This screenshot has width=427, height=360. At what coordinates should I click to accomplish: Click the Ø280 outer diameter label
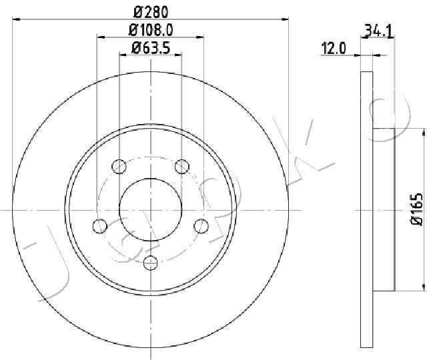point(151,11)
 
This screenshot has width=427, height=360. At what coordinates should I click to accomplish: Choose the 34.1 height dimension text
point(377,30)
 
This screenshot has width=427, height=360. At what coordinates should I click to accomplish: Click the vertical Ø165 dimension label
point(416,210)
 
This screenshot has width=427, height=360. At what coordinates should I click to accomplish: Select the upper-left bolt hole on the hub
point(119,165)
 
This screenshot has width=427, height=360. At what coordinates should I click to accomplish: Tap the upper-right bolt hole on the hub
point(181,165)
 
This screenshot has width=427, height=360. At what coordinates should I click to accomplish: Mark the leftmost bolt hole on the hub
point(100,225)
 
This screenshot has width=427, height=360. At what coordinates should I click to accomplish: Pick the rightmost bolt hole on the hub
point(200,225)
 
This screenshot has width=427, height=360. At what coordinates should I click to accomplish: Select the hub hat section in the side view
point(384,209)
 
